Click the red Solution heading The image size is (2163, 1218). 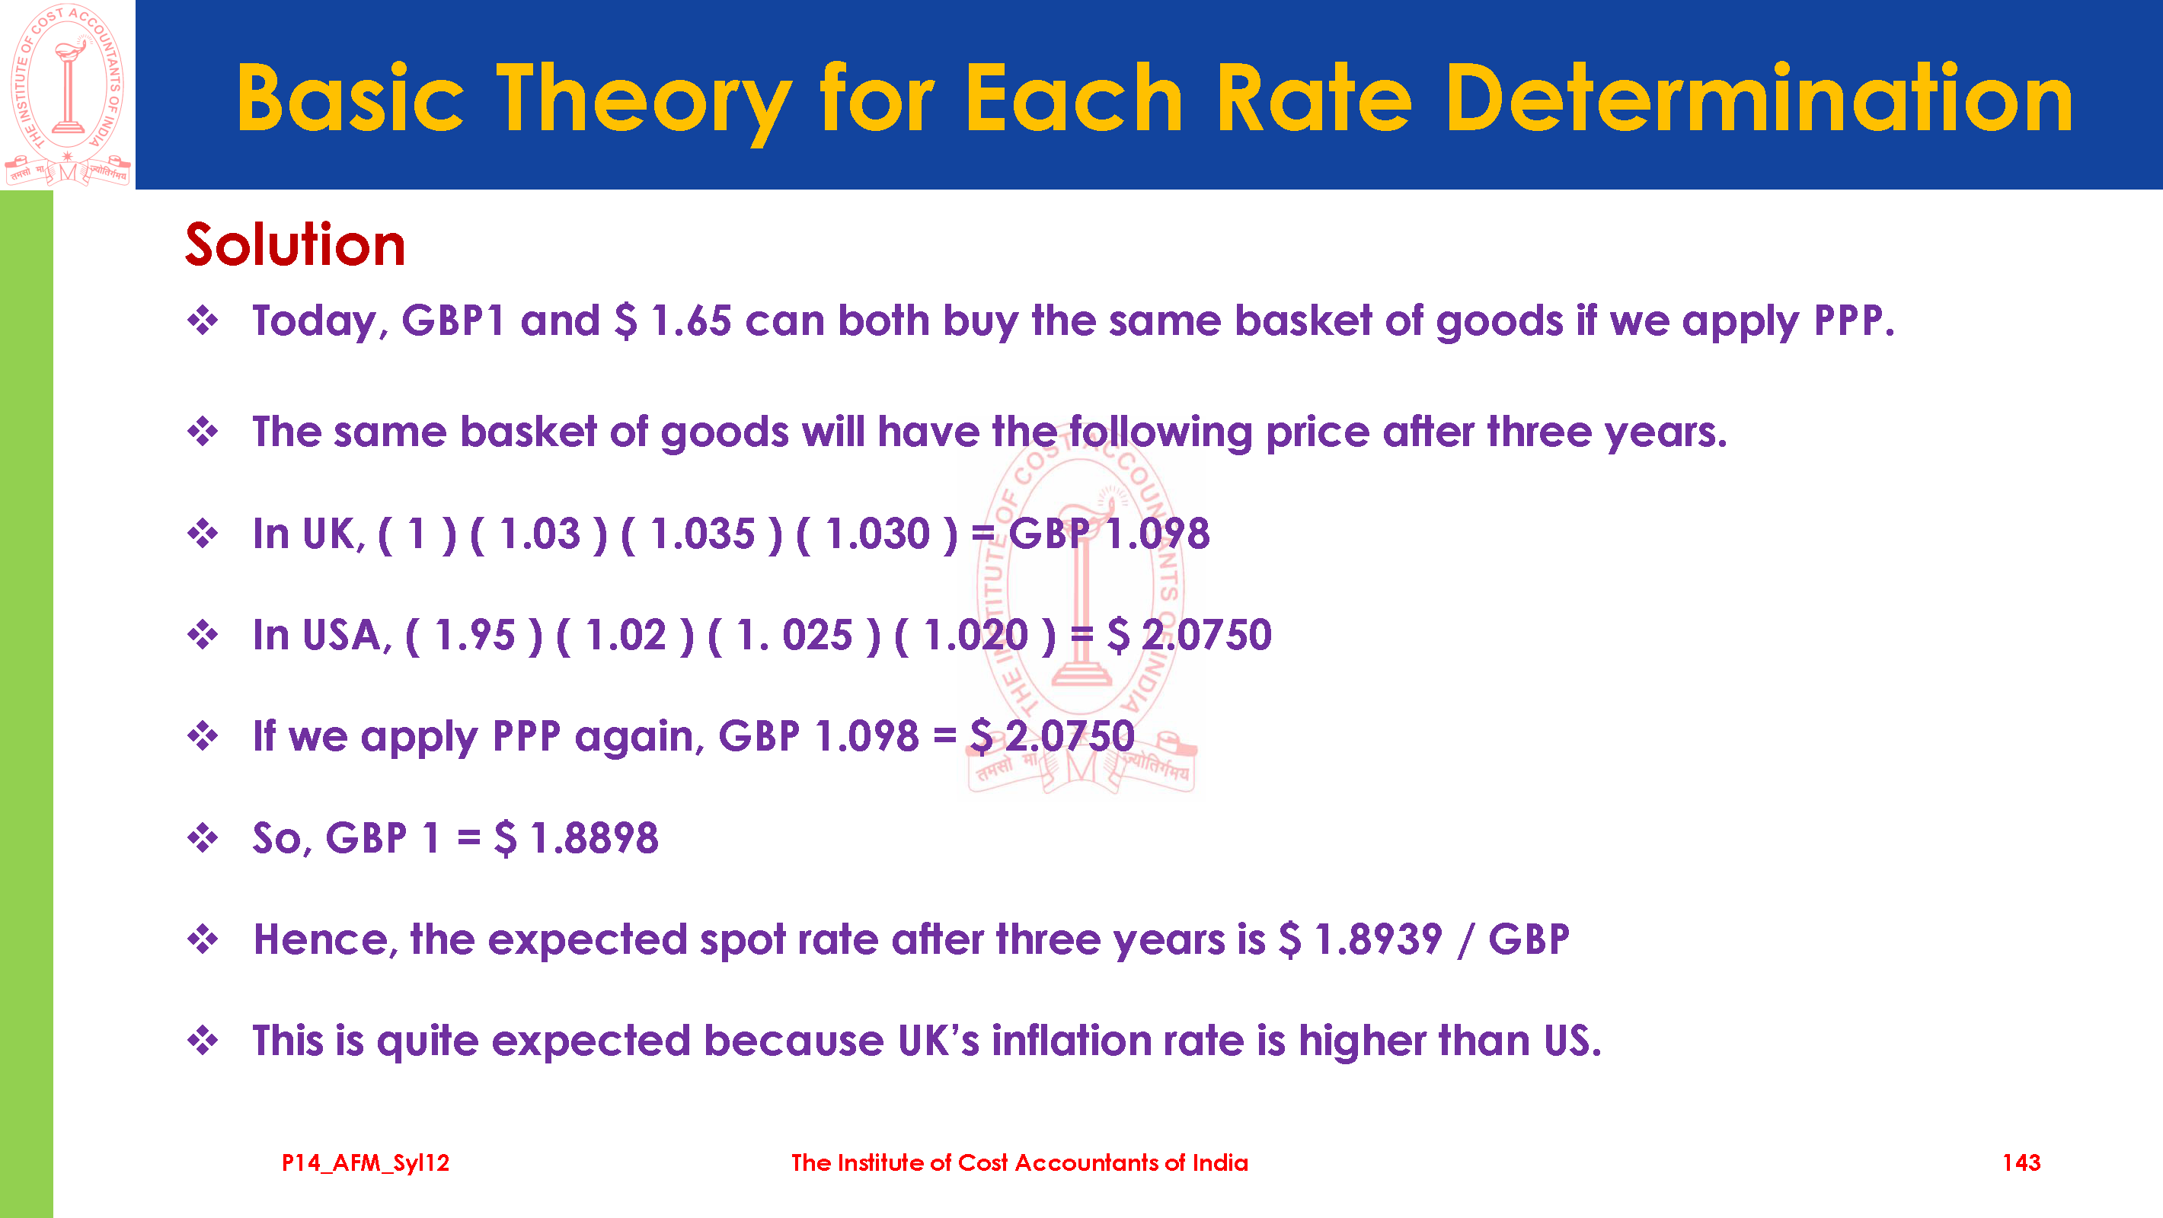tap(295, 244)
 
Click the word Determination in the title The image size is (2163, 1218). tap(1759, 99)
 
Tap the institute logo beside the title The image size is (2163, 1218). tap(67, 94)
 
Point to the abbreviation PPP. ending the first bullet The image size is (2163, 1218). tap(1854, 320)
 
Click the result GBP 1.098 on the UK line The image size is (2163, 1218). tap(1109, 533)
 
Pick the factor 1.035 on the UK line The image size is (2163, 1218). tap(702, 533)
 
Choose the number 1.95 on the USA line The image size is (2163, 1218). tap(474, 635)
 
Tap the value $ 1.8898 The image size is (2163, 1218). tap(577, 837)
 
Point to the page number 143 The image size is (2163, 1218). tap(2021, 1162)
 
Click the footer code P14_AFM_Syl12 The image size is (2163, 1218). tap(366, 1163)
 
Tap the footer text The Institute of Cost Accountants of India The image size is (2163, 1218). tap(1019, 1162)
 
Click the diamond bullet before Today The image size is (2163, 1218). tap(203, 320)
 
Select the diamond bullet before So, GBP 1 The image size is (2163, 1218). tap(203, 837)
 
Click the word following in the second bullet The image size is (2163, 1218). tap(1161, 433)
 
